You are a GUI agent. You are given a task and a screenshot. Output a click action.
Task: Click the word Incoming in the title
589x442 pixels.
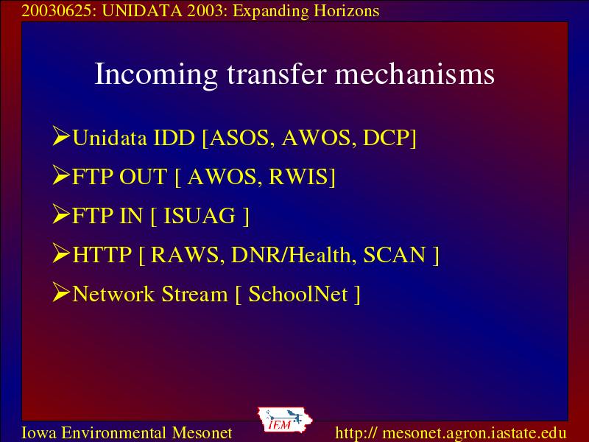click(156, 75)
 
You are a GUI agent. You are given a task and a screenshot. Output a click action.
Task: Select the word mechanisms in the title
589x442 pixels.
click(415, 74)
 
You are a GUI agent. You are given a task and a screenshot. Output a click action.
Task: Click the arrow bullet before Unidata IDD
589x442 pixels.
click(61, 136)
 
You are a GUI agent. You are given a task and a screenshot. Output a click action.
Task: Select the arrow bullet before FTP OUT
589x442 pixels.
click(61, 175)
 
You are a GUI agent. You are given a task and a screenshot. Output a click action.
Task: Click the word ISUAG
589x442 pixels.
click(200, 216)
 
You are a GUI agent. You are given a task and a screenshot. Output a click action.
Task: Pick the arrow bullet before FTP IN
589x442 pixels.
click(61, 214)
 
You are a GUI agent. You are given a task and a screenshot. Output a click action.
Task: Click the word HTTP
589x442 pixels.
click(102, 255)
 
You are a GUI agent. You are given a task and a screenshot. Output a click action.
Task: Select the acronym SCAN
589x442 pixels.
click(395, 255)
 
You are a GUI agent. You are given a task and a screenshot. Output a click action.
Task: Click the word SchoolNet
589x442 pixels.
click(298, 293)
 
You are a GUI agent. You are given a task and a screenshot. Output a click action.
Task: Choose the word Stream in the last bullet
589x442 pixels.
click(194, 294)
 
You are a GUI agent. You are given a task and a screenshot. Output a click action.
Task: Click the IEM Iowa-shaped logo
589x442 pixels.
click(285, 420)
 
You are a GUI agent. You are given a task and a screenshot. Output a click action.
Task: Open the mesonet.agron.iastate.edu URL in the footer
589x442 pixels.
click(451, 433)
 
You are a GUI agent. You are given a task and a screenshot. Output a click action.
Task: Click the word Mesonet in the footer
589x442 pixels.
click(202, 432)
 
